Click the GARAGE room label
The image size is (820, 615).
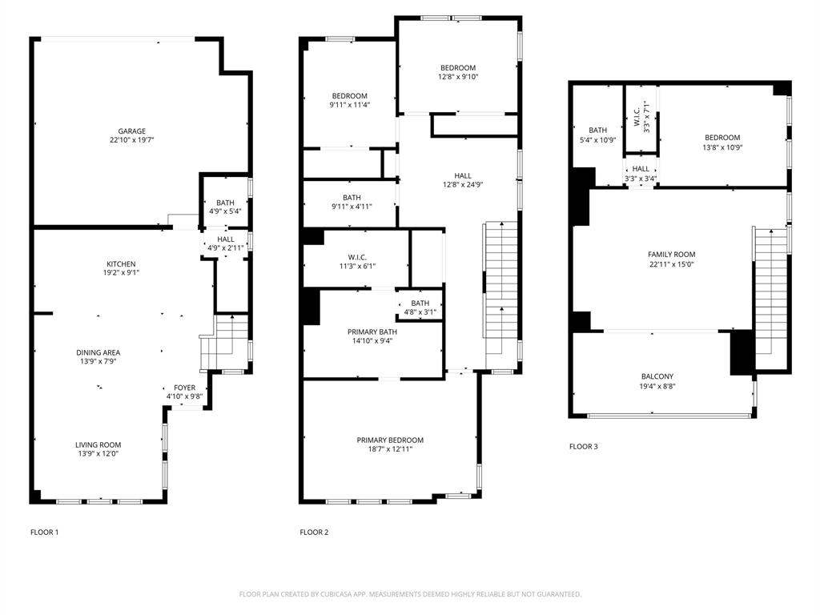pos(132,131)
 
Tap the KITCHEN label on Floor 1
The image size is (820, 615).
pos(122,264)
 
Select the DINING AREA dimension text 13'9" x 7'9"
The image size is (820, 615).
pos(98,361)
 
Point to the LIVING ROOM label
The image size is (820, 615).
pos(98,445)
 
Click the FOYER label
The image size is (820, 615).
pos(184,388)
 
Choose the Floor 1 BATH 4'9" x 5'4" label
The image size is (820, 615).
pos(225,203)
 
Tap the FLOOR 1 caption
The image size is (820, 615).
pos(44,533)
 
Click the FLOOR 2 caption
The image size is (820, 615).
pos(314,533)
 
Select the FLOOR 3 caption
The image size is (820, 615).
pos(583,447)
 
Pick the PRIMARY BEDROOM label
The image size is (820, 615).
pos(390,440)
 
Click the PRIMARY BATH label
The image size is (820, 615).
pos(372,332)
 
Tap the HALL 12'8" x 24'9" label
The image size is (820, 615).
pos(463,176)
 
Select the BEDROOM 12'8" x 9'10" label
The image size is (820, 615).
pos(457,68)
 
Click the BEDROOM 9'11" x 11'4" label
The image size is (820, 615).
pos(349,96)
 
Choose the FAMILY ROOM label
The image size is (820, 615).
pos(671,255)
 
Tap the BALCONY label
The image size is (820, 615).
pos(657,376)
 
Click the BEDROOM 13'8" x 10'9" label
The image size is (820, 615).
pos(722,138)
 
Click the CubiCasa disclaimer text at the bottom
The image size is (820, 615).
pos(410,594)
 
